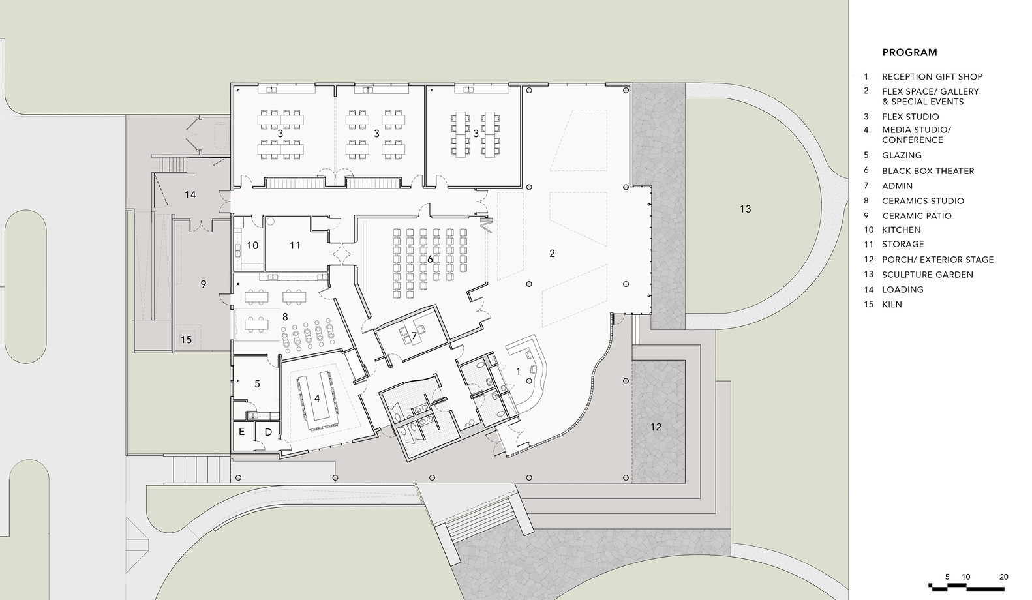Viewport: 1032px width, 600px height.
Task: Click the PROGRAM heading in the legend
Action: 909,52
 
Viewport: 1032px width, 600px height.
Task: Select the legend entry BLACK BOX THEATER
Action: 928,171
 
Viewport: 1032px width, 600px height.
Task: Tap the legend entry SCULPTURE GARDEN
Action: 928,275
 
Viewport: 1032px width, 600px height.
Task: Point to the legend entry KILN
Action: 892,305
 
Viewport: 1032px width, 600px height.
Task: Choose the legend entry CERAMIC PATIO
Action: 917,216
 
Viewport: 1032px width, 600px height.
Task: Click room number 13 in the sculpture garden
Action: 745,209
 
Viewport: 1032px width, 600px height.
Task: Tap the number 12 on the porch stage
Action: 656,427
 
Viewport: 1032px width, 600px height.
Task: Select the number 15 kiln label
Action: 186,340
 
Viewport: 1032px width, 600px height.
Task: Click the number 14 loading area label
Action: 190,195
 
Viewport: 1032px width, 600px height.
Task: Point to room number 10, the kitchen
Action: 252,245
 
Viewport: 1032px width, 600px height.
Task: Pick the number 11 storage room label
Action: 295,245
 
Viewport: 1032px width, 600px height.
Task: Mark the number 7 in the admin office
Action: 414,336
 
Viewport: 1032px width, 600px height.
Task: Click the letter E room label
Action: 241,432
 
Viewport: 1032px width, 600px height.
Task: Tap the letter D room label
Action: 268,432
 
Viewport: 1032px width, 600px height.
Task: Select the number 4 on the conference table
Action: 317,398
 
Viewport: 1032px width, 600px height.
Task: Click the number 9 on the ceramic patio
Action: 203,284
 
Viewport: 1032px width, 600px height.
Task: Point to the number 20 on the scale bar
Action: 1004,577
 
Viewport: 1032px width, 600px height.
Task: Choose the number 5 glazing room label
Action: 257,383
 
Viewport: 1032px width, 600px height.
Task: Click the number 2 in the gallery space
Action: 552,253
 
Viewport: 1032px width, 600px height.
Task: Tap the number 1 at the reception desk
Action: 518,371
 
